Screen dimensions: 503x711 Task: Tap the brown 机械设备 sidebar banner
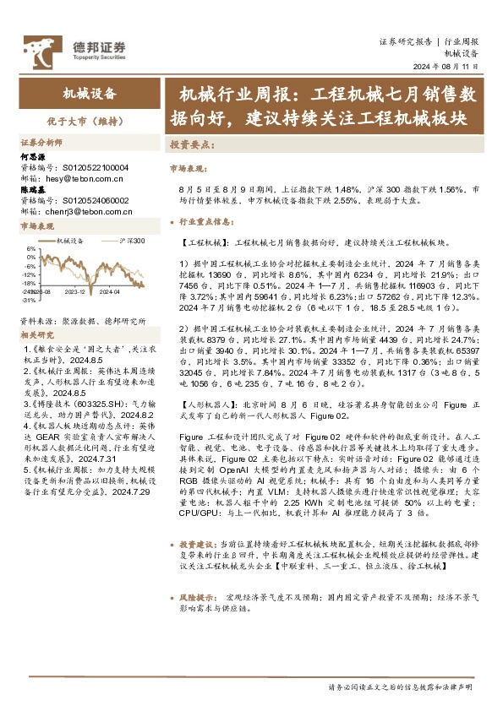90,94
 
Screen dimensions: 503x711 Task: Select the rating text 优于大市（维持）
87,121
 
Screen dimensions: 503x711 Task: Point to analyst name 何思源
32,157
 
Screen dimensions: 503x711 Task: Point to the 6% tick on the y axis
31,249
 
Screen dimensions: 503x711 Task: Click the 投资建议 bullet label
198,544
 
